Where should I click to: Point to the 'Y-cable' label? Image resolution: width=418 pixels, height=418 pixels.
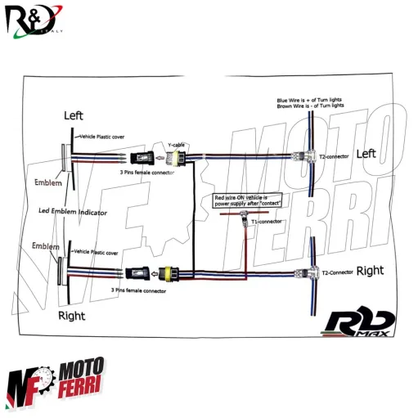click(177, 144)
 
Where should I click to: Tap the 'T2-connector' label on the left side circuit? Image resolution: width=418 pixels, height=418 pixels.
click(334, 156)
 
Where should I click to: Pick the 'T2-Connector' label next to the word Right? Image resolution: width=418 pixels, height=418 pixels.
click(336, 272)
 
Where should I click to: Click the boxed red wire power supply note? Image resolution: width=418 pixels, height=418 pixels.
click(248, 200)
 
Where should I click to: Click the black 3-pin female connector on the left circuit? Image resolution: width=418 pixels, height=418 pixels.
click(145, 156)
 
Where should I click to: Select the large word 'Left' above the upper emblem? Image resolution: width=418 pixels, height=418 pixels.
click(74, 116)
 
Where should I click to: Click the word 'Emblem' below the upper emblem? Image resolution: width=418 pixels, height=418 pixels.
click(49, 183)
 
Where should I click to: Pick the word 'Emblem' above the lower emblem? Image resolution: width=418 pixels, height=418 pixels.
click(45, 245)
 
